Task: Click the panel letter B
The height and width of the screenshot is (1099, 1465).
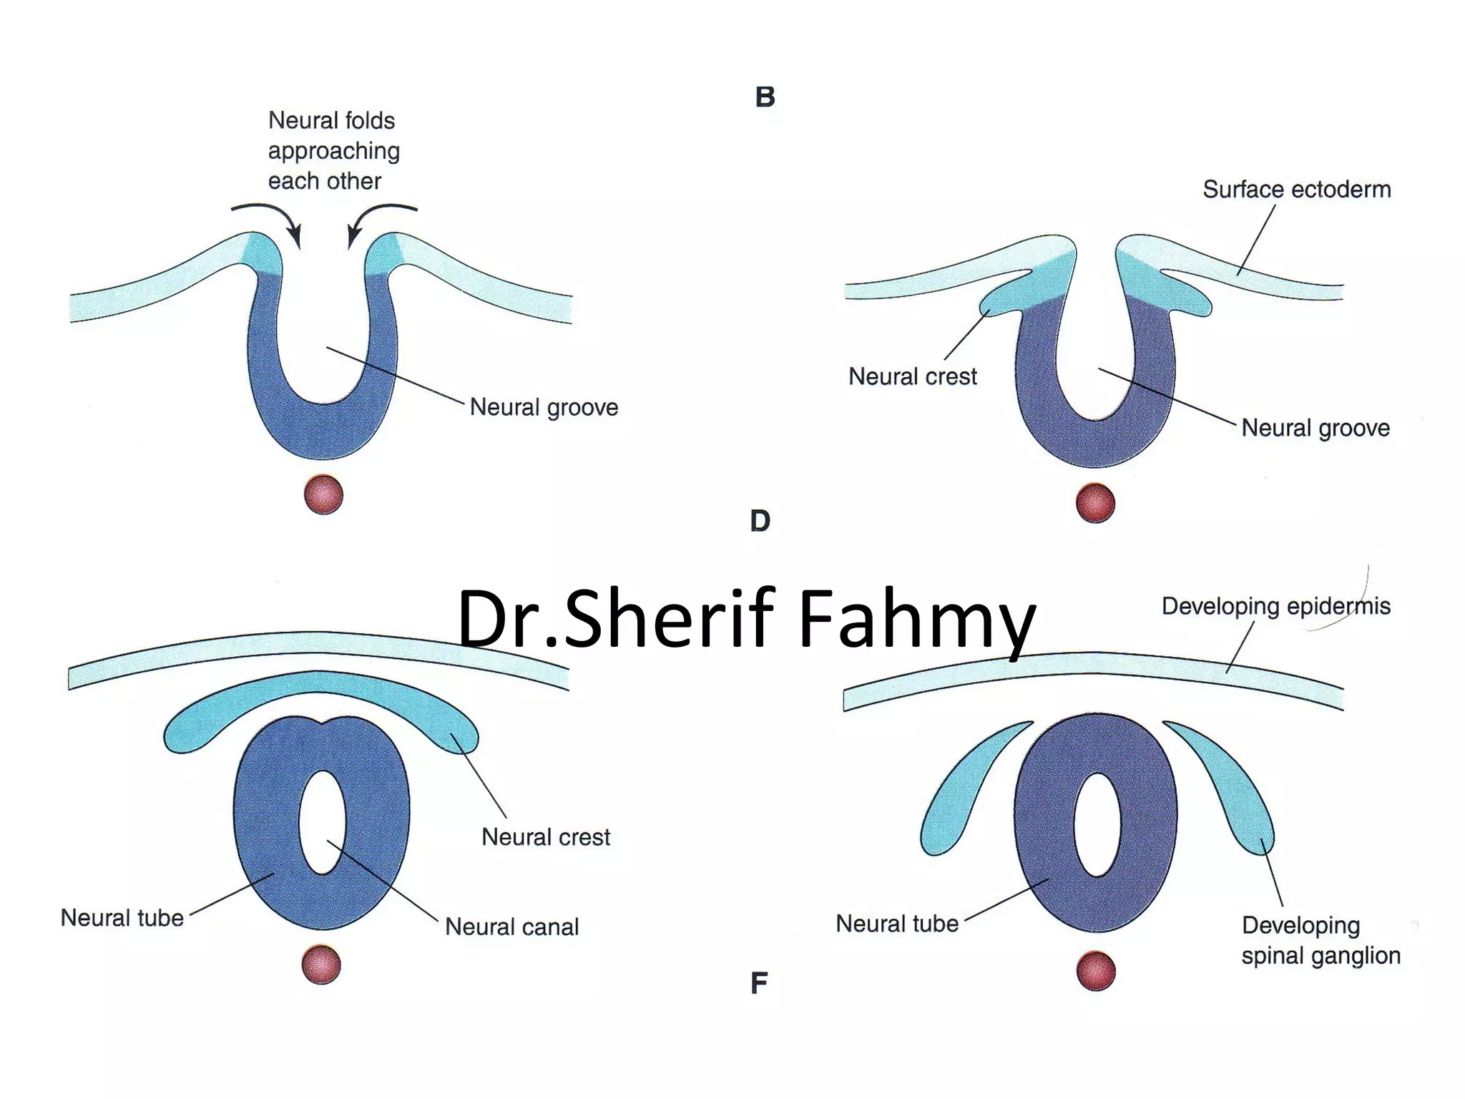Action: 765,97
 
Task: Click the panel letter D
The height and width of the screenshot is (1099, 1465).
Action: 760,521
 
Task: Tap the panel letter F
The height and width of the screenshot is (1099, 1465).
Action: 759,983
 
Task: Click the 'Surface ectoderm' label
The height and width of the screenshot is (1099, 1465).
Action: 1296,190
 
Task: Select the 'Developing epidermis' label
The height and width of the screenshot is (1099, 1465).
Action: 1275,606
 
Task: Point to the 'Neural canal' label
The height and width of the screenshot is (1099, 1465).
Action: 511,927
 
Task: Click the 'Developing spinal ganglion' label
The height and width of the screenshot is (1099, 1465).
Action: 1321,940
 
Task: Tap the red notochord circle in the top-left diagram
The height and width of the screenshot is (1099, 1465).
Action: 323,494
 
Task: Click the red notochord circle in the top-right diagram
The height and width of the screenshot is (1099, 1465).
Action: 1095,502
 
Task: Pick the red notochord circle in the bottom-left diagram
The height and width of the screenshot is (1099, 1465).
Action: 321,964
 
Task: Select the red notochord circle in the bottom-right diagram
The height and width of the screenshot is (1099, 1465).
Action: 1095,970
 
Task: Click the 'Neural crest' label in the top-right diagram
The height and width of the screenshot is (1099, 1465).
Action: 912,376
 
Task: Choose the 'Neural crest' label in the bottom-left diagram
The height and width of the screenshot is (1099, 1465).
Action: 545,837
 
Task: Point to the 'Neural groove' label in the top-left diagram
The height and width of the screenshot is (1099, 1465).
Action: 544,407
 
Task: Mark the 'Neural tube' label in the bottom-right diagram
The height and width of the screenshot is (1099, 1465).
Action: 896,924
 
